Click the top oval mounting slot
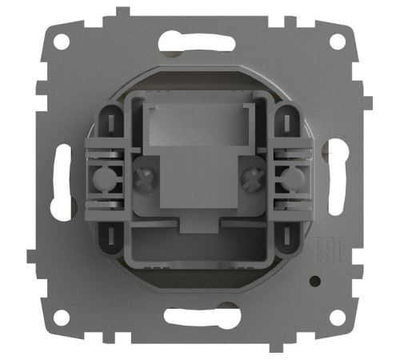click(199, 41)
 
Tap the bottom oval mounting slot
click(199, 314)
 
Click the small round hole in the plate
click(318, 282)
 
